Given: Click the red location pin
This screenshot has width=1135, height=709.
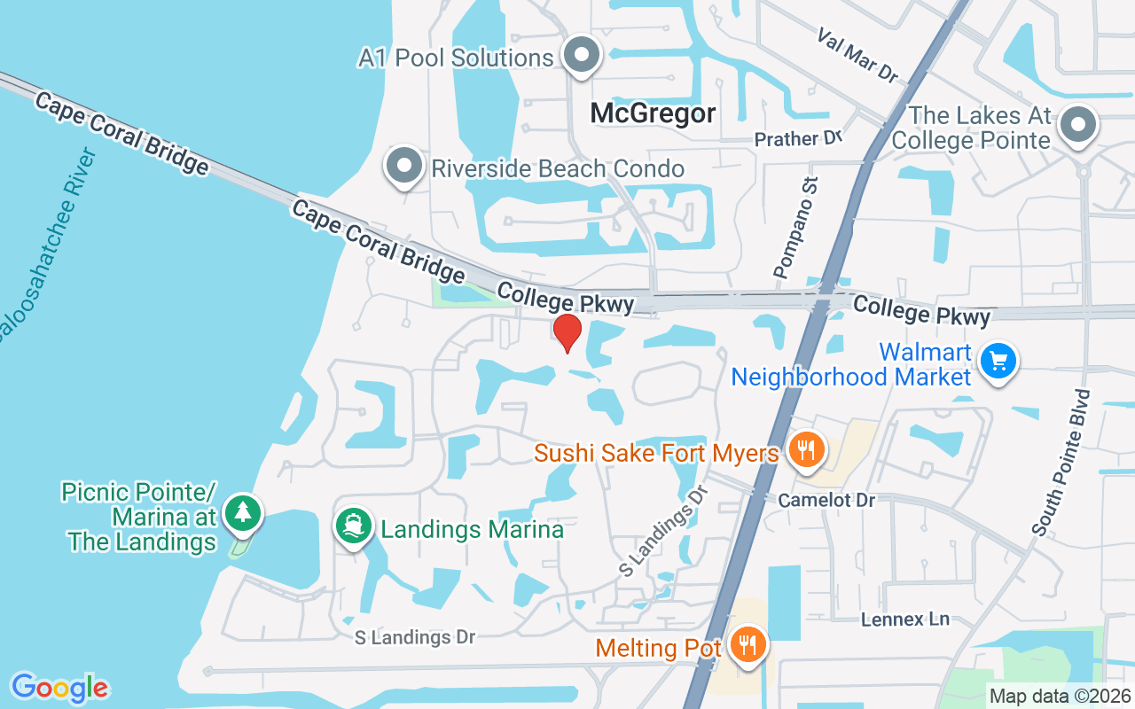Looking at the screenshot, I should [567, 333].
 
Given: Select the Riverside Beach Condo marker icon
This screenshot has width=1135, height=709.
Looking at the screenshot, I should [404, 167].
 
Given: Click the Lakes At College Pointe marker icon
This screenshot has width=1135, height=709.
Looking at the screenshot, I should [1078, 125].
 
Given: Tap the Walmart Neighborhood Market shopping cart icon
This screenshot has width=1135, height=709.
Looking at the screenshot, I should [999, 362].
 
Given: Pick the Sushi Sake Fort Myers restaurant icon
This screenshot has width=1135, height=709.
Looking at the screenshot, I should [805, 451].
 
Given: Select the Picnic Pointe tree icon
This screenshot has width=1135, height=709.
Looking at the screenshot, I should [242, 513].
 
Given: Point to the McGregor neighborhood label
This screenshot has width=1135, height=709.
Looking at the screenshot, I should [654, 113].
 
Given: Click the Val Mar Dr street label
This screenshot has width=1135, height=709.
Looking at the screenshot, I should [857, 55].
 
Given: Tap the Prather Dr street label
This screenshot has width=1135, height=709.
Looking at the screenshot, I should [797, 139].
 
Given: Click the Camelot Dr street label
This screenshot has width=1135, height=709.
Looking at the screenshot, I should [826, 501].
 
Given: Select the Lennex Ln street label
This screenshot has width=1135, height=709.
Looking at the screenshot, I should [905, 619].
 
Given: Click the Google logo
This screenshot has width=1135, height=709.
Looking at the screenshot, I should [59, 687].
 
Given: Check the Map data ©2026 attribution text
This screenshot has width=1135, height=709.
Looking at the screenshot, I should [1061, 696].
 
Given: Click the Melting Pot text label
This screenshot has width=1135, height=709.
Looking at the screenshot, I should [659, 648].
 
